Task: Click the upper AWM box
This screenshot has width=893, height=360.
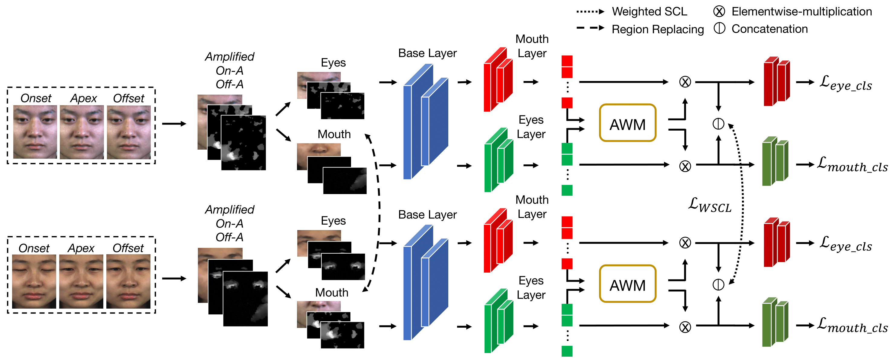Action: click(627, 123)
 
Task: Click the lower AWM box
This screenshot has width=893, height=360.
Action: click(627, 284)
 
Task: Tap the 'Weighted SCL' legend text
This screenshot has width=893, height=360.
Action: click(649, 11)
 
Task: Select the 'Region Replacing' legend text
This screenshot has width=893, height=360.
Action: click(658, 29)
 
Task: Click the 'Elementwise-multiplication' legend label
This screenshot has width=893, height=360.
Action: click(801, 11)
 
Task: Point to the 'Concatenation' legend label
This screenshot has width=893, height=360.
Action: click(769, 29)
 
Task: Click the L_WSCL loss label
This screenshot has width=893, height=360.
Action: click(710, 205)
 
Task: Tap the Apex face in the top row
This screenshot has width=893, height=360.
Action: click(82, 132)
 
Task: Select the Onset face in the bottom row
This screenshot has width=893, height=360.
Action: click(34, 281)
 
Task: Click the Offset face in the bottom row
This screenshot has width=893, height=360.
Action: click(128, 281)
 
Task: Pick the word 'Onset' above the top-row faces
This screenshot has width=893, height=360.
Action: click(36, 98)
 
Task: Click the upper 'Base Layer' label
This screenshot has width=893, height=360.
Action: click(427, 53)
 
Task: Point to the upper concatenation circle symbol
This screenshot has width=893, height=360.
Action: click(718, 123)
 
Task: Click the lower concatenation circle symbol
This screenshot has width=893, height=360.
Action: click(718, 284)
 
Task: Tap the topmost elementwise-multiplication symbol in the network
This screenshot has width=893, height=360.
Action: click(685, 82)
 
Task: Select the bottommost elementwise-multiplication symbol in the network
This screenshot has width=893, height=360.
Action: click(685, 327)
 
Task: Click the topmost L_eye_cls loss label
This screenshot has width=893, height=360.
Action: click(846, 83)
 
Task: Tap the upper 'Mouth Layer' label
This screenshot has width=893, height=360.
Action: click(532, 46)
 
